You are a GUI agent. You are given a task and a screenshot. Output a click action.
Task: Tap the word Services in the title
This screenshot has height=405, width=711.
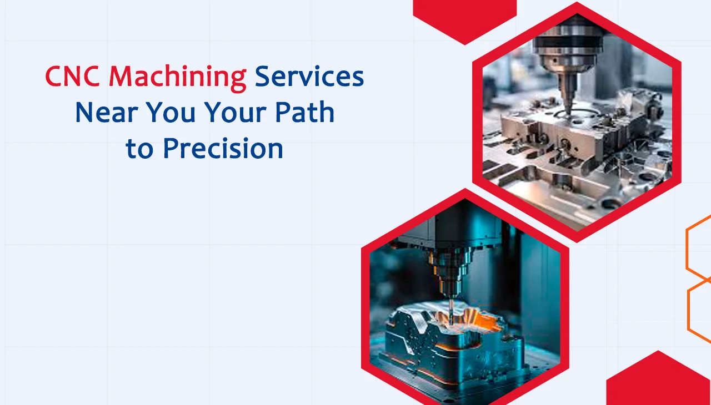[x=309, y=77]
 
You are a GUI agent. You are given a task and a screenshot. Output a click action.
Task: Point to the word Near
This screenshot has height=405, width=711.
[x=107, y=113]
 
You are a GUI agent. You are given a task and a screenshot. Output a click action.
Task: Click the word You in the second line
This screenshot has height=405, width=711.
[x=174, y=113]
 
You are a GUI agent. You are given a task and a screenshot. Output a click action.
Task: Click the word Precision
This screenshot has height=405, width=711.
[x=223, y=149]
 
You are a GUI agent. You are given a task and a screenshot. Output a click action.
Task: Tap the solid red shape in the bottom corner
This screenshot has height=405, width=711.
[x=661, y=383]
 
